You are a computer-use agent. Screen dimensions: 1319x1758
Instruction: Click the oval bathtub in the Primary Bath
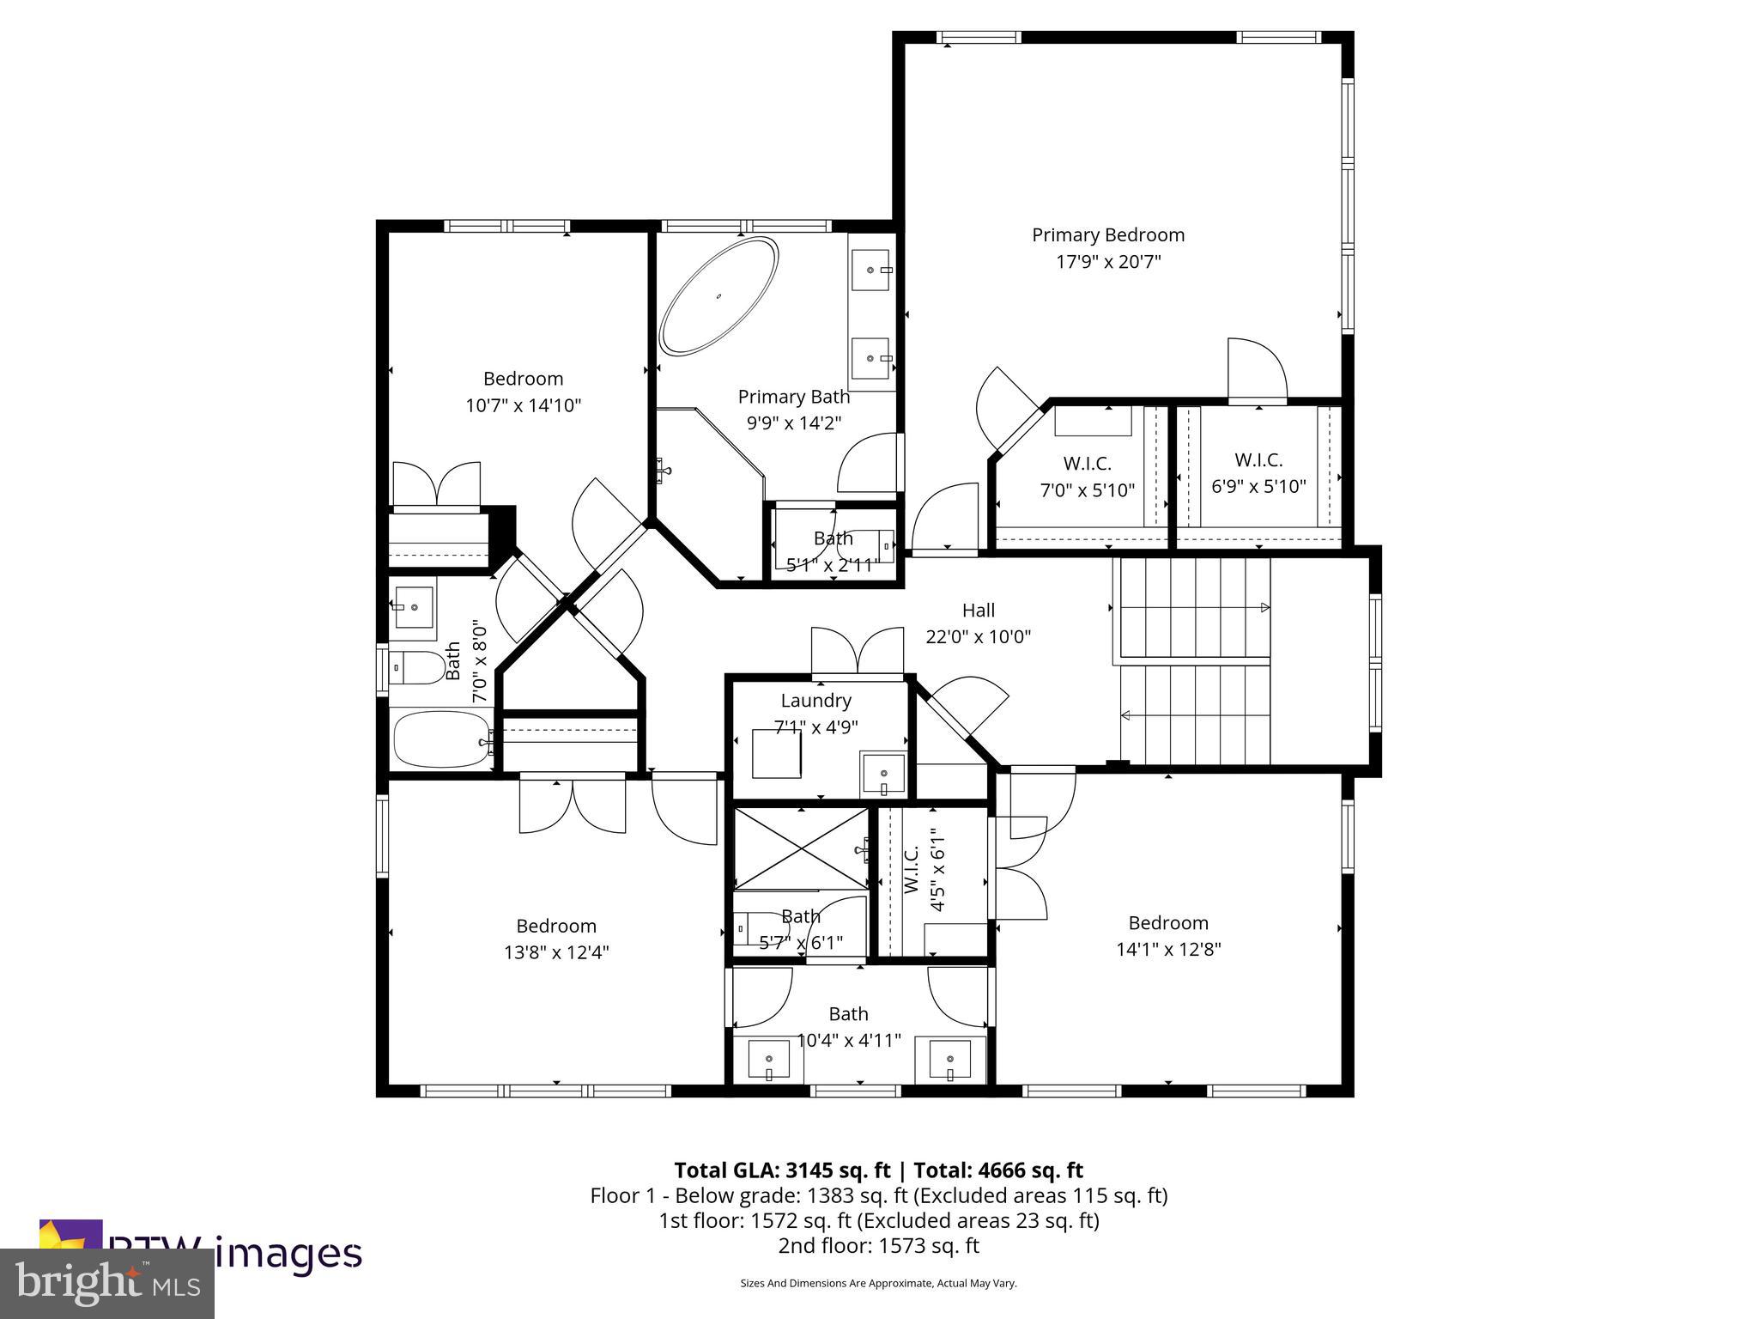(719, 296)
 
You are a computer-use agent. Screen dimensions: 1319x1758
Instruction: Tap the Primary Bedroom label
(1107, 234)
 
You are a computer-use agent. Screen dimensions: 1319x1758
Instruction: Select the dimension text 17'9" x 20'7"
(1107, 262)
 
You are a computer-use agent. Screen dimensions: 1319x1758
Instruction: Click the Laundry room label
(815, 700)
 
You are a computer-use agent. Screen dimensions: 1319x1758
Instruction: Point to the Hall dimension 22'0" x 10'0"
(978, 637)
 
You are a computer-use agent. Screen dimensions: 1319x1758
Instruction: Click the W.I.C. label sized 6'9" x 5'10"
(1258, 459)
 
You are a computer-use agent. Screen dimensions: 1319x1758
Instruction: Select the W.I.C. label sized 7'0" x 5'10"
(1087, 464)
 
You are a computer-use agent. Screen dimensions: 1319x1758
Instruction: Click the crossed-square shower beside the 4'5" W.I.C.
(800, 848)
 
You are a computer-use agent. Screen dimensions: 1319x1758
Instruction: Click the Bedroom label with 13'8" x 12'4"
(555, 926)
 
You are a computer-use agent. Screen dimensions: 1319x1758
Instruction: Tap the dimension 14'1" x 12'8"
(1168, 950)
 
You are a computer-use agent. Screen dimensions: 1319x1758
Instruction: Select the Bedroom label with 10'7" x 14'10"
(523, 379)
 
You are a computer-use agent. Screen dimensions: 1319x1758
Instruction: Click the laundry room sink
(883, 772)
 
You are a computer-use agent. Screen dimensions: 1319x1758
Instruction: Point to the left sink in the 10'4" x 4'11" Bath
(769, 1059)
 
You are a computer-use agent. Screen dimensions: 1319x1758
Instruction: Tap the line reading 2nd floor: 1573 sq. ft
(878, 1246)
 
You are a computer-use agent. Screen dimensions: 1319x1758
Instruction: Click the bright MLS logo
(107, 1283)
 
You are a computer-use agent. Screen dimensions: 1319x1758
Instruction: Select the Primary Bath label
(793, 397)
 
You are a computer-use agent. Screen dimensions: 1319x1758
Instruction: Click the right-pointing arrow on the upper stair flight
(1264, 608)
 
